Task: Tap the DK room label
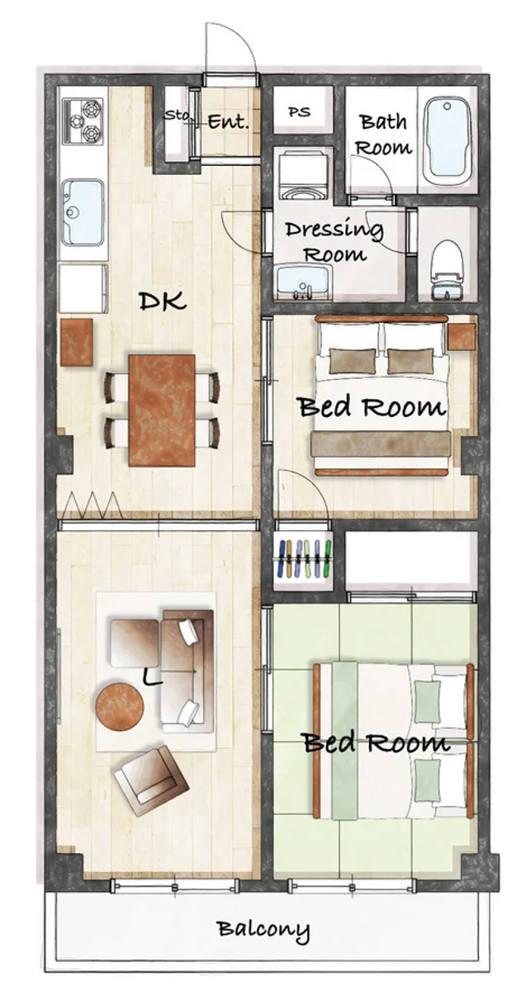[163, 301]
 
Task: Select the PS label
[300, 112]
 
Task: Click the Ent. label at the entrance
[228, 121]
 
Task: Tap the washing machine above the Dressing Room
[303, 174]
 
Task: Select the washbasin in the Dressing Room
[305, 282]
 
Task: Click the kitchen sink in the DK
[83, 212]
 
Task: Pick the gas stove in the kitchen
[83, 121]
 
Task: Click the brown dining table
[162, 410]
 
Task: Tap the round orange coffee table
[120, 707]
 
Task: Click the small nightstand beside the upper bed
[462, 337]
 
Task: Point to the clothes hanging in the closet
[304, 559]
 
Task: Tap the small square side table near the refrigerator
[77, 342]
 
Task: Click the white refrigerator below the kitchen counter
[83, 288]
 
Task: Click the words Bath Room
[383, 134]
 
